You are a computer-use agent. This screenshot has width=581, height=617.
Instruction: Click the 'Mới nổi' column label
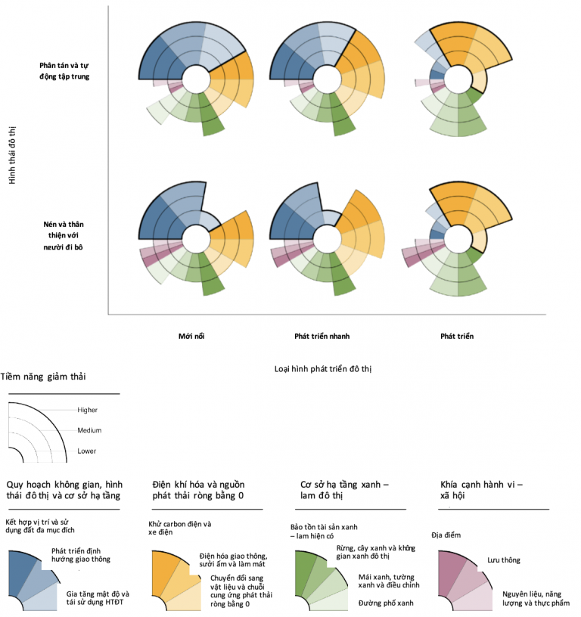click(193, 336)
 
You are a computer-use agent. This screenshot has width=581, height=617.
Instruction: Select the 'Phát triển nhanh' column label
click(322, 336)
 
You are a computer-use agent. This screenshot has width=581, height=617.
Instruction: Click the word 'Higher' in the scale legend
click(88, 410)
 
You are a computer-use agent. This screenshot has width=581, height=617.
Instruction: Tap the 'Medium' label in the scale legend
click(89, 430)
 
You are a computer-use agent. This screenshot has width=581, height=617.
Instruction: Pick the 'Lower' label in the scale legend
click(87, 451)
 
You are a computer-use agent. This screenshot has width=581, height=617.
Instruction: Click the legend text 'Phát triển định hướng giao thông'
click(82, 556)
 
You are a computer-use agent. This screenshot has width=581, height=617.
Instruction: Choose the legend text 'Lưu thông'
click(503, 560)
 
